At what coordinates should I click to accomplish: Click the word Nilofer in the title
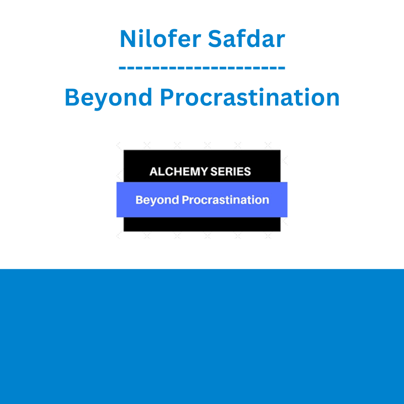(x=160, y=39)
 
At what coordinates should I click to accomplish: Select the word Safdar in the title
(x=246, y=39)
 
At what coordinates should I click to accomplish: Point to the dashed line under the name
(x=202, y=68)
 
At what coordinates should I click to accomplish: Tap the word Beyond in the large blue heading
(x=108, y=97)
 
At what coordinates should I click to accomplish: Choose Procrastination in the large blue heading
(x=249, y=97)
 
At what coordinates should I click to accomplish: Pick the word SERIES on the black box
(x=231, y=172)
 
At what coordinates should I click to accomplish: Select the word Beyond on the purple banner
(x=157, y=200)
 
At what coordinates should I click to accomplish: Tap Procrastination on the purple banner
(x=225, y=200)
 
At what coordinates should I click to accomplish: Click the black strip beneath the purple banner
(x=202, y=224)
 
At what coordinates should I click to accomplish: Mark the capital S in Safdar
(x=216, y=39)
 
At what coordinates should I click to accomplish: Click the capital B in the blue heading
(x=72, y=97)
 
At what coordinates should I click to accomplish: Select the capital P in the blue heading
(x=167, y=97)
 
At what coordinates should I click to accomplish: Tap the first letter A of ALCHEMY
(x=154, y=172)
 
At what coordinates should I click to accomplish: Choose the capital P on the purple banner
(x=185, y=200)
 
